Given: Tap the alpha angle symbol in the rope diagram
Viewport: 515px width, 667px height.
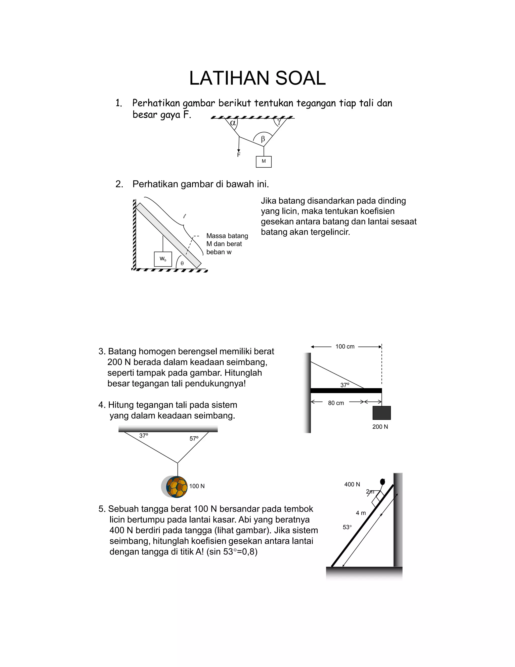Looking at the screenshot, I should point(233,123).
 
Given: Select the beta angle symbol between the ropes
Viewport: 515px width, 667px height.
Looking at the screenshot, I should point(263,139).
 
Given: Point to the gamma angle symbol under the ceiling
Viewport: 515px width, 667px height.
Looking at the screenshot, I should point(279,122).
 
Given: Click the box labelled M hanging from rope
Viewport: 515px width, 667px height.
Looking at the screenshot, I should point(264,162).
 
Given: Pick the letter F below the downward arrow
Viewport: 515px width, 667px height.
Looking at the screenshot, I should point(239,155).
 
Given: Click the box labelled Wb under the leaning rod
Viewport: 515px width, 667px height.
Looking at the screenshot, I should point(163,259).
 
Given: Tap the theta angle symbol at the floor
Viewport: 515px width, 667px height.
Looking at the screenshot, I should point(182,263).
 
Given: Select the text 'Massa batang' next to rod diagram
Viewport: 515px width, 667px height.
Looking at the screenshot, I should point(227,236).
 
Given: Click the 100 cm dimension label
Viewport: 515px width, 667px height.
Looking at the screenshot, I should point(345,347).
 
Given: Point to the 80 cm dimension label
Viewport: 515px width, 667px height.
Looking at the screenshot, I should point(336,403).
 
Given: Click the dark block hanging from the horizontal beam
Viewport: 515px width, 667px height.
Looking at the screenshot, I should point(381,413).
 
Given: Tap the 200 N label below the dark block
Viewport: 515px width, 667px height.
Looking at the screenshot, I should point(380,427).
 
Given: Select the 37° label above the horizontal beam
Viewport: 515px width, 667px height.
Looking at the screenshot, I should point(345,385).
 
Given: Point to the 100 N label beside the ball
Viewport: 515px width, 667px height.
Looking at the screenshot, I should point(197,486).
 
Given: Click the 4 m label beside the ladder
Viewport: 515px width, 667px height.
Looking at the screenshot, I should point(361,513).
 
